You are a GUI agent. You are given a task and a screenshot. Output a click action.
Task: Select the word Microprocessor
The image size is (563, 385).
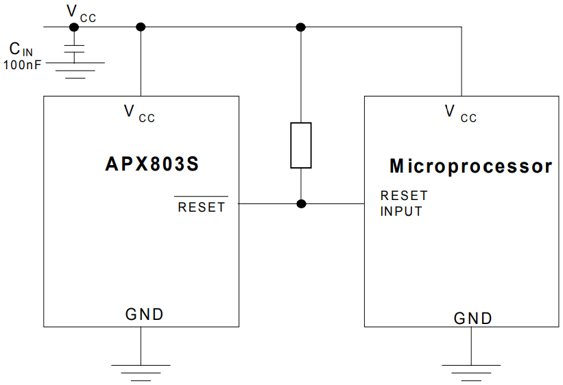point(470,166)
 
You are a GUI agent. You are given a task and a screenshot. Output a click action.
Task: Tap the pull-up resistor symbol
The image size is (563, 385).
point(301,145)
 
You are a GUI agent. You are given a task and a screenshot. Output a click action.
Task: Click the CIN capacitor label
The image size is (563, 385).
point(21,50)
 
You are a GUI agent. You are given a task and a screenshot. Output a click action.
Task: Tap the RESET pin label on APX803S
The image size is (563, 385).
point(201,207)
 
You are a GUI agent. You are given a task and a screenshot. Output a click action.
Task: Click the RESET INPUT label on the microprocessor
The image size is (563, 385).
point(404,203)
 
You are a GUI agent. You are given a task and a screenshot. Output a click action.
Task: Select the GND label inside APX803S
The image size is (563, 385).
point(144,314)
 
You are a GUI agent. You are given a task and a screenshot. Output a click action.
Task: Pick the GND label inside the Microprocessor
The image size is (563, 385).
point(473,319)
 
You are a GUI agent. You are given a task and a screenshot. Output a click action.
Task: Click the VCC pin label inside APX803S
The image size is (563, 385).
point(139,113)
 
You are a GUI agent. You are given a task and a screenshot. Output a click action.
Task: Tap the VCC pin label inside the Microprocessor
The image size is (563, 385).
point(460,113)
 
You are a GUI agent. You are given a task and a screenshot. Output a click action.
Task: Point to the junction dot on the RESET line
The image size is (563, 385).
point(301,203)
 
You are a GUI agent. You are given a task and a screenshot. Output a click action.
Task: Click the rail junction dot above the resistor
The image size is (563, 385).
point(300,27)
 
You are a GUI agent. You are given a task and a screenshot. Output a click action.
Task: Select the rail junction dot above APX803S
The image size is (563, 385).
point(141,27)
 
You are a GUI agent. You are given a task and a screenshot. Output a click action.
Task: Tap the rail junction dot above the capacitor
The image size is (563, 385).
point(74,27)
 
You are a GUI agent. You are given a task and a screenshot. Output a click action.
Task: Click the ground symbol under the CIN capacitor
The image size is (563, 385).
point(75,69)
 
